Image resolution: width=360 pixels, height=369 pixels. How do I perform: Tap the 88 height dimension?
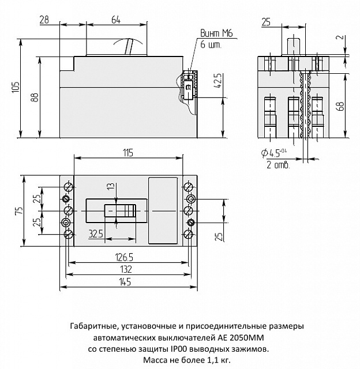point(35,98)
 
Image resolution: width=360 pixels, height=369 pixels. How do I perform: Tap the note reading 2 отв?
point(277,165)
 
